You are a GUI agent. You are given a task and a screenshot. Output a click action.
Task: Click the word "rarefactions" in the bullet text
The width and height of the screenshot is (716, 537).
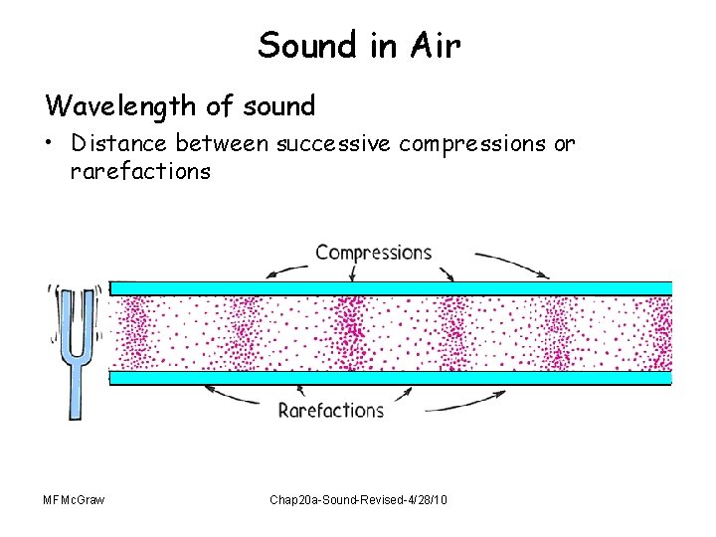click(140, 171)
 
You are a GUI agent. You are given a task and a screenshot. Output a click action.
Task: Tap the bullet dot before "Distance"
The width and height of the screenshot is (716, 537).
click(51, 143)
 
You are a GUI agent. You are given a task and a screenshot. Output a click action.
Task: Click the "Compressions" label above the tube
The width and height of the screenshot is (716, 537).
click(373, 252)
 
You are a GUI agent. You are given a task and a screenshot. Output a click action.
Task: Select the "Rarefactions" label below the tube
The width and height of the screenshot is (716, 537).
click(330, 410)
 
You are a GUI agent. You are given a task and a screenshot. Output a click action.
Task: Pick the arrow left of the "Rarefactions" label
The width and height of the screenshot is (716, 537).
click(239, 398)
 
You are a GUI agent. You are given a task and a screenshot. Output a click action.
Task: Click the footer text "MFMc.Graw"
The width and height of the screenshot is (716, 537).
click(74, 498)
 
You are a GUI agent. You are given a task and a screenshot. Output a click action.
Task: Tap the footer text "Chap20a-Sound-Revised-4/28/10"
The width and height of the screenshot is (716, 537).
click(358, 498)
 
